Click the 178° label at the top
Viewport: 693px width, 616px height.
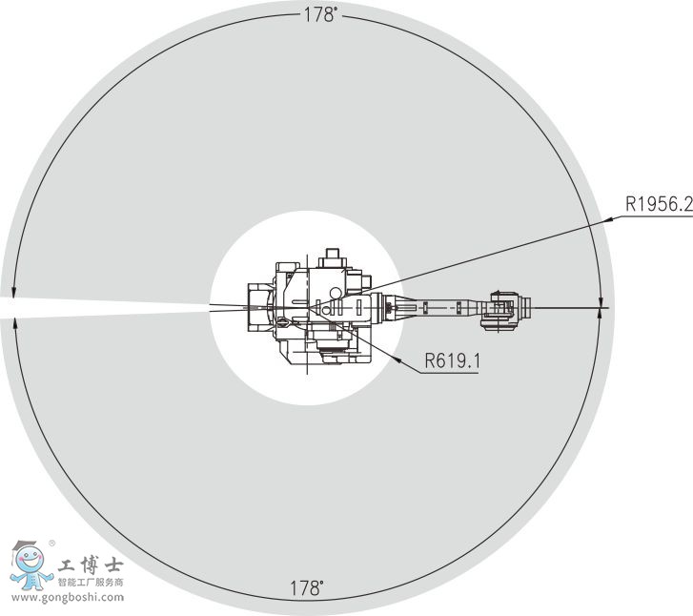[x=321, y=15]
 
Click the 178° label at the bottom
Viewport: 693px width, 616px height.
[x=307, y=588]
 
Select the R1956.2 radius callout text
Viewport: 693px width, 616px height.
[x=659, y=204]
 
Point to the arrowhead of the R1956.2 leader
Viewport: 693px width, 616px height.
[x=610, y=218]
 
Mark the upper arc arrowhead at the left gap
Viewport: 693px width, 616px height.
[x=13, y=293]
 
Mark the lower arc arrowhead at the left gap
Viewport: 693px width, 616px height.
[x=16, y=322]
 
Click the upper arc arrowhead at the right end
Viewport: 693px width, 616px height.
[x=601, y=302]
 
